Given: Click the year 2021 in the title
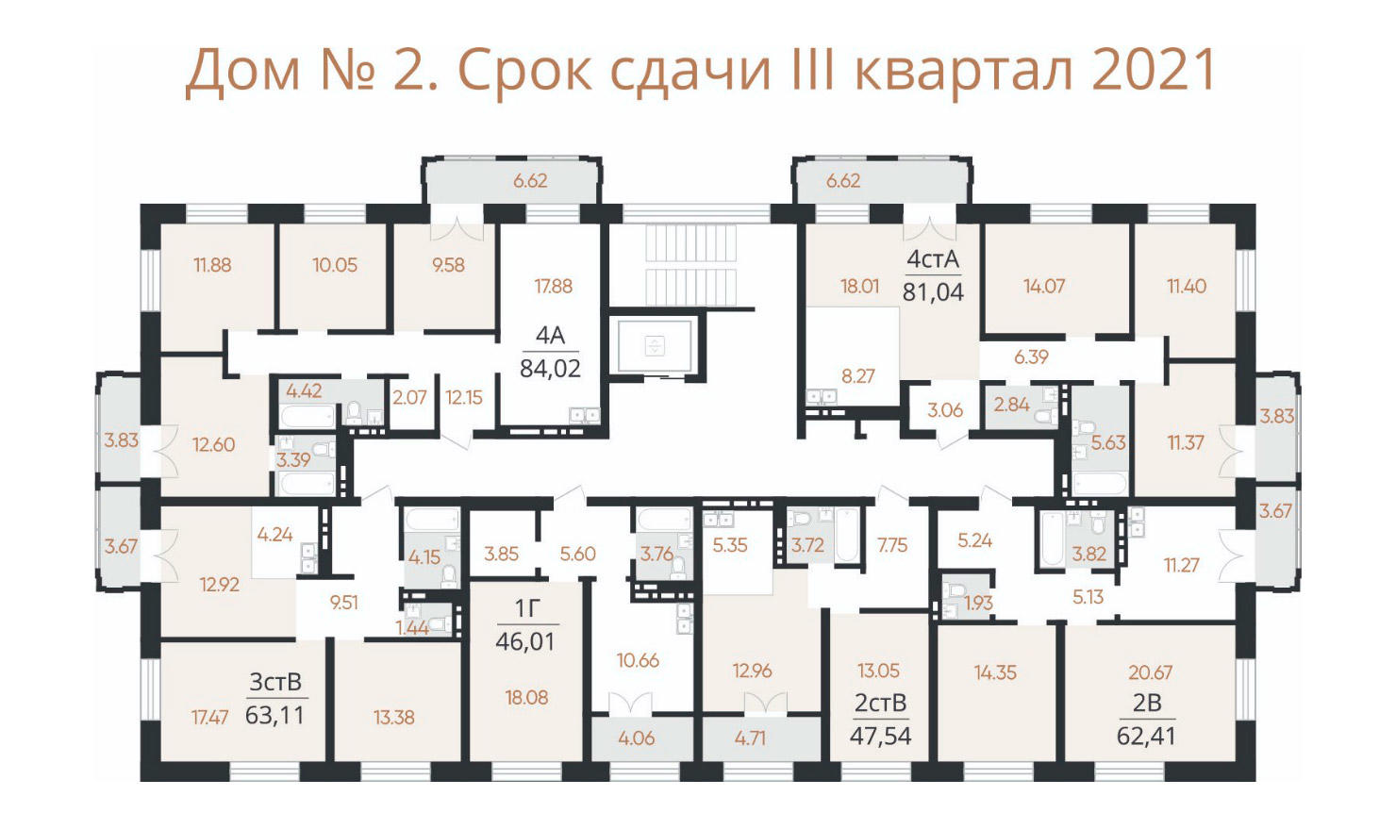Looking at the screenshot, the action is click(1153, 69).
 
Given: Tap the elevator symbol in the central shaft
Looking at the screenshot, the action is click(655, 345).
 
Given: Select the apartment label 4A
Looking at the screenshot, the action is click(550, 336).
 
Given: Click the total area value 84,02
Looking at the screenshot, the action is click(550, 369).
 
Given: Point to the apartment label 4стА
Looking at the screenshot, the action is click(932, 258).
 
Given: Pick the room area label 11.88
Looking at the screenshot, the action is click(212, 265).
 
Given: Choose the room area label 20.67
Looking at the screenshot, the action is click(1151, 671).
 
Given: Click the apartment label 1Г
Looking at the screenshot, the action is click(526, 608).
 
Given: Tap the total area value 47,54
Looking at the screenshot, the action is click(880, 736).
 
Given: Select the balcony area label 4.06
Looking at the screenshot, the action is click(637, 738).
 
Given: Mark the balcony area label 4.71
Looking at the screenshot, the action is click(750, 738).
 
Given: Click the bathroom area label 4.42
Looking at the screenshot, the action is click(304, 390).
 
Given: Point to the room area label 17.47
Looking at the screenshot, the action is click(210, 718).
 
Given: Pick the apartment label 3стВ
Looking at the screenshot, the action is click(275, 682).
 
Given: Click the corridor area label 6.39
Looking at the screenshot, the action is click(1031, 356).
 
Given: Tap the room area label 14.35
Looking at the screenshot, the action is click(995, 671).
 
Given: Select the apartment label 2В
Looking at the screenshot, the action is click(1147, 703).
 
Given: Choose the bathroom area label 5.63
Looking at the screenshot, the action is click(1108, 442).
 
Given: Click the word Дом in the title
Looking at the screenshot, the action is click(243, 71).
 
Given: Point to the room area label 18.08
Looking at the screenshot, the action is click(526, 697).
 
